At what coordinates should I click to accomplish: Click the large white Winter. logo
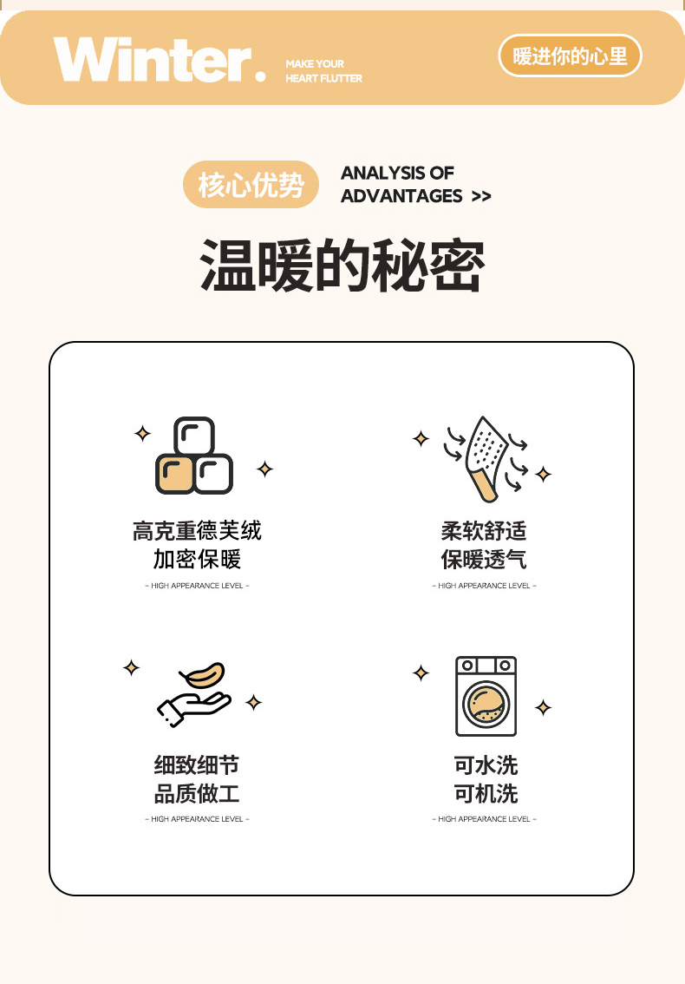(160, 59)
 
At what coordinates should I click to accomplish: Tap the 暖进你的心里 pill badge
(570, 56)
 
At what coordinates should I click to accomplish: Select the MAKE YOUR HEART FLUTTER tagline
(323, 71)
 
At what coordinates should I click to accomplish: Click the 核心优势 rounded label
(251, 185)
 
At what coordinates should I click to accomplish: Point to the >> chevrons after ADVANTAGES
(481, 196)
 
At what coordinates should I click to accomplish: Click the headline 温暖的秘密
(342, 265)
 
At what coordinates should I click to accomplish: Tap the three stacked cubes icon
(194, 456)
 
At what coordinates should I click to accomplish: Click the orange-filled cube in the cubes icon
(175, 475)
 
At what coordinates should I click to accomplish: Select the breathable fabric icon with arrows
(486, 459)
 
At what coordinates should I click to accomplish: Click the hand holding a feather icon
(194, 695)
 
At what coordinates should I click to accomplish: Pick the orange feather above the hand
(202, 675)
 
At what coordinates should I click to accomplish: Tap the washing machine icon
(486, 696)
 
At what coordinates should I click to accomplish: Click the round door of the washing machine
(486, 704)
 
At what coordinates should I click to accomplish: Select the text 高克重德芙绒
(197, 531)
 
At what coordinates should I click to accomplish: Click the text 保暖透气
(484, 559)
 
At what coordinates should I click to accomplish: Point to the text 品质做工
(197, 794)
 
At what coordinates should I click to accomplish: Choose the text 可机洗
(486, 794)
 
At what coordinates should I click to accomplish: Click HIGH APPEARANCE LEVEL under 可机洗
(484, 819)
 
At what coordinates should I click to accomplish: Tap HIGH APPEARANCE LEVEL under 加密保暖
(197, 586)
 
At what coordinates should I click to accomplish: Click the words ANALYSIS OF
(397, 173)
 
